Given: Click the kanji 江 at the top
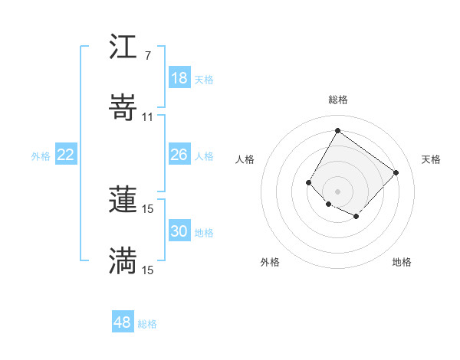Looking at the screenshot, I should click(123, 49).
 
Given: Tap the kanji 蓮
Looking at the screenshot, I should click(123, 200).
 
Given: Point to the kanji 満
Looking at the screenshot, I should click(123, 261).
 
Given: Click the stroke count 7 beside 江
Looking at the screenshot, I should click(147, 56).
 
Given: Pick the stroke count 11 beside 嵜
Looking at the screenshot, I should click(147, 116).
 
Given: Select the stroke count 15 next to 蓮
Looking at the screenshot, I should click(147, 208).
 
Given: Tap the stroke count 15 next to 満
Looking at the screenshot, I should click(147, 270).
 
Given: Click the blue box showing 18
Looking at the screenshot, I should click(179, 78).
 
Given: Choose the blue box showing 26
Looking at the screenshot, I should click(179, 155).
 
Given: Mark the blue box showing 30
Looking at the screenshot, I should click(179, 231).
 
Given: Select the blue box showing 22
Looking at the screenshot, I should click(66, 155).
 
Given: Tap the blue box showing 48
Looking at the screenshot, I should click(123, 322).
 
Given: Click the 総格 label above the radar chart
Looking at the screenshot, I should click(337, 100).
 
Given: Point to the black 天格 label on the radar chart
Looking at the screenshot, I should click(431, 159).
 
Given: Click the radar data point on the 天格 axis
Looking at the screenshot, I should click(396, 172).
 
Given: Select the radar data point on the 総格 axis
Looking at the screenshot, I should click(337, 130).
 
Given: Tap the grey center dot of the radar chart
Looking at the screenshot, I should click(337, 191).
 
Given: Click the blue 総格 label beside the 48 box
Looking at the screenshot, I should click(147, 324).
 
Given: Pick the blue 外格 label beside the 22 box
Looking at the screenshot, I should click(41, 156).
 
